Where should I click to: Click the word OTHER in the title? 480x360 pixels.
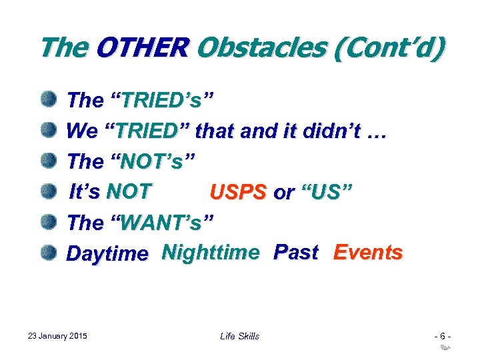coord(143,49)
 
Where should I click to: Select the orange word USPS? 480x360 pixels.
coord(238,193)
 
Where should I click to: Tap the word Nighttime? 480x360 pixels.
coord(211,253)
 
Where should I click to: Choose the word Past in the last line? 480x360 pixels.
coord(295,253)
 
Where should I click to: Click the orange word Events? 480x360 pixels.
coord(368,253)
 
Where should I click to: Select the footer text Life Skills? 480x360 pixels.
coord(239,336)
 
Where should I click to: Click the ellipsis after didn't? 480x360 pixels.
coord(377,133)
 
